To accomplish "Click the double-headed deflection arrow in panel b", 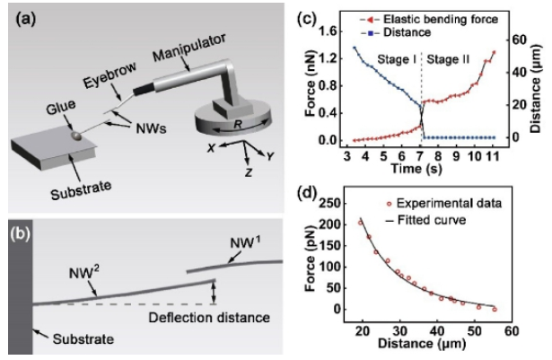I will pos(213,293).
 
